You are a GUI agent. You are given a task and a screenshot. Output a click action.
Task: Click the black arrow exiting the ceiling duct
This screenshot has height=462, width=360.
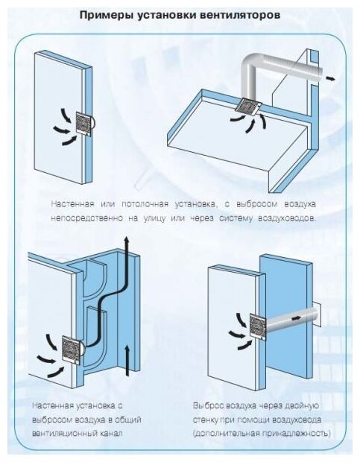click(x=330, y=78)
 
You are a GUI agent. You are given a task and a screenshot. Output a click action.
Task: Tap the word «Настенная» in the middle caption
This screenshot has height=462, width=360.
click(x=72, y=204)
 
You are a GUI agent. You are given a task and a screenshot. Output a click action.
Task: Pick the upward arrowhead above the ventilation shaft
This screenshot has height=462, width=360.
click(x=127, y=240)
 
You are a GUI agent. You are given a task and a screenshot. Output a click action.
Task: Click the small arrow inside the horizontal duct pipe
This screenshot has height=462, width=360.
click(x=296, y=318)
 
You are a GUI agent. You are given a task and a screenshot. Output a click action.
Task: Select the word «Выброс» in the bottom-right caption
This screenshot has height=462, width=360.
click(x=208, y=405)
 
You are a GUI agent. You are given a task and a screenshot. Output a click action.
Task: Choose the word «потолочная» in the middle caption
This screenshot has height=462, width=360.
click(x=145, y=204)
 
